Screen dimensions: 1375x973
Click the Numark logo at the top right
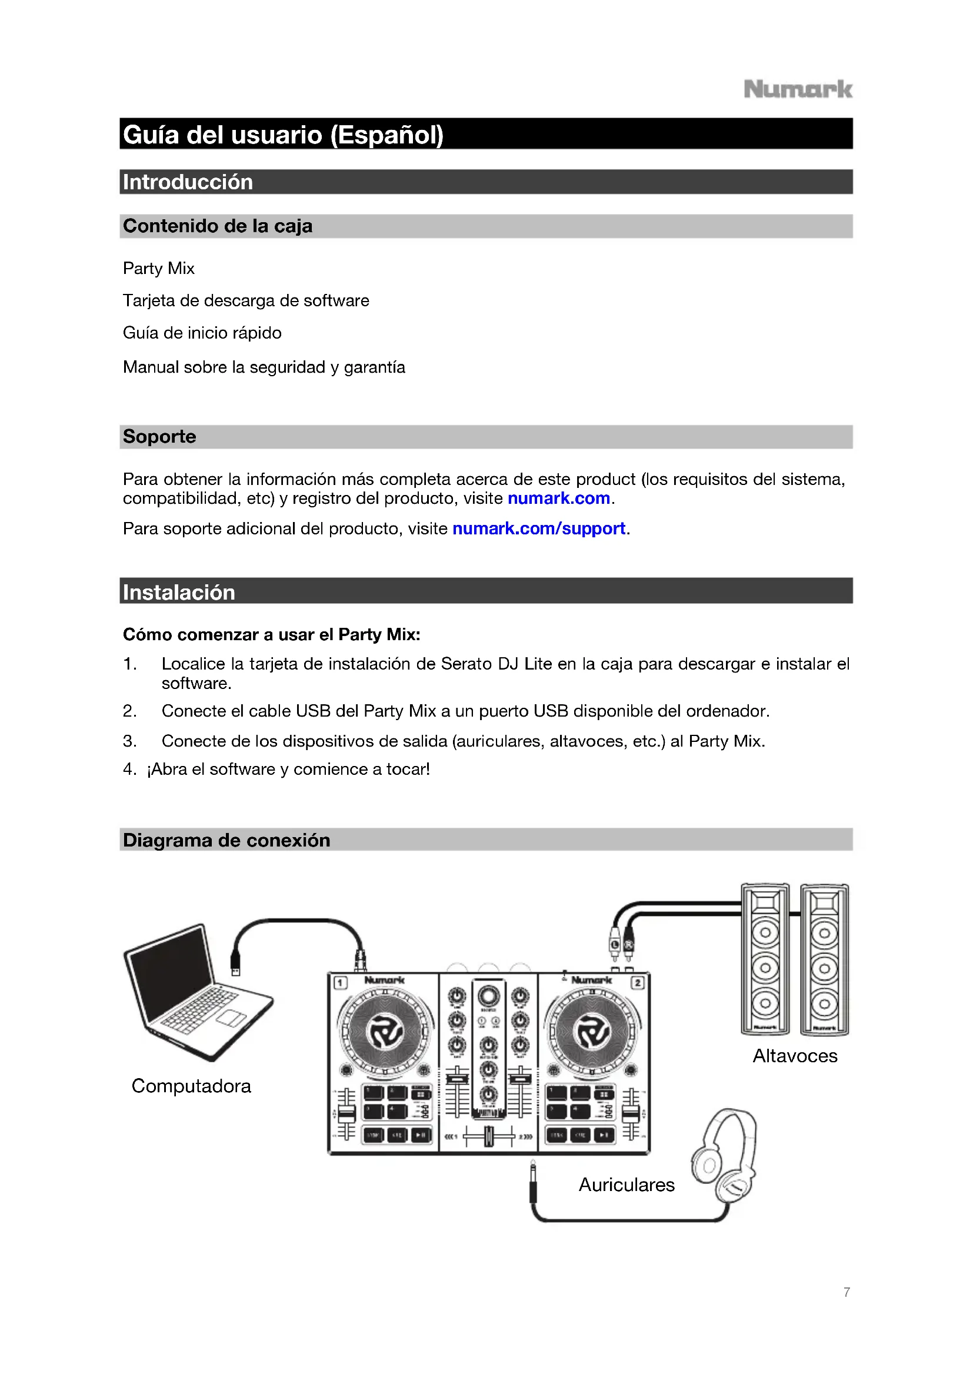[x=798, y=90]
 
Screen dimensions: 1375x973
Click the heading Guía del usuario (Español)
[x=283, y=135]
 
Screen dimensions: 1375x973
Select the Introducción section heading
[x=188, y=182]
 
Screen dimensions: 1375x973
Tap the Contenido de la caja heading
[x=218, y=226]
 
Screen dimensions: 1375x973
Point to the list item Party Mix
[x=159, y=268]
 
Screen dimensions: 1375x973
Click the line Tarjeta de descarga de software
[x=246, y=300]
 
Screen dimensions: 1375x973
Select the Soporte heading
[x=159, y=437]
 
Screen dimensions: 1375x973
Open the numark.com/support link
[x=539, y=529]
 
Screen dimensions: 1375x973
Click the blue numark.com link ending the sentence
[x=558, y=499]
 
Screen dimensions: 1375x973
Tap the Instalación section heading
[x=179, y=593]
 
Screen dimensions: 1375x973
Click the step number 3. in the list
[x=129, y=741]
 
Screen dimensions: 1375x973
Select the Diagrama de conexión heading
[x=226, y=840]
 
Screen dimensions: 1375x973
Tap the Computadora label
[x=191, y=1086]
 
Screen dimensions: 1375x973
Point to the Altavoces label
[x=795, y=1056]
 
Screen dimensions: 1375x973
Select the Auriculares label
[x=627, y=1185]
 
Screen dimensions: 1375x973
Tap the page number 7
[x=847, y=1292]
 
